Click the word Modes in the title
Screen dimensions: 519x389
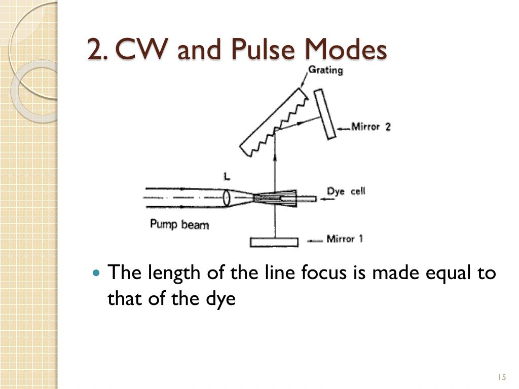tap(346, 49)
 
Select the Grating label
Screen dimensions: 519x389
tap(325, 70)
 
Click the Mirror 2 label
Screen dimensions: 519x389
tap(370, 126)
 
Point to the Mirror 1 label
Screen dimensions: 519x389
tap(345, 239)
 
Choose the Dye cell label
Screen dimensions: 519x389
tap(346, 191)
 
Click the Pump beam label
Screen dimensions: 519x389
tap(179, 224)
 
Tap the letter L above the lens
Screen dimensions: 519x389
tap(227, 177)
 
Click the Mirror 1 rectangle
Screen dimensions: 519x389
tap(274, 242)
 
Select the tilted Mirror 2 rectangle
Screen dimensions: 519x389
tap(325, 114)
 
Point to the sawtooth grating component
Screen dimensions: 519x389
tap(274, 122)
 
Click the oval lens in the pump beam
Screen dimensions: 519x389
tap(226, 198)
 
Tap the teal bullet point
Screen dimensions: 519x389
tap(96, 273)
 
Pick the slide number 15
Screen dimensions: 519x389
tap(502, 377)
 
